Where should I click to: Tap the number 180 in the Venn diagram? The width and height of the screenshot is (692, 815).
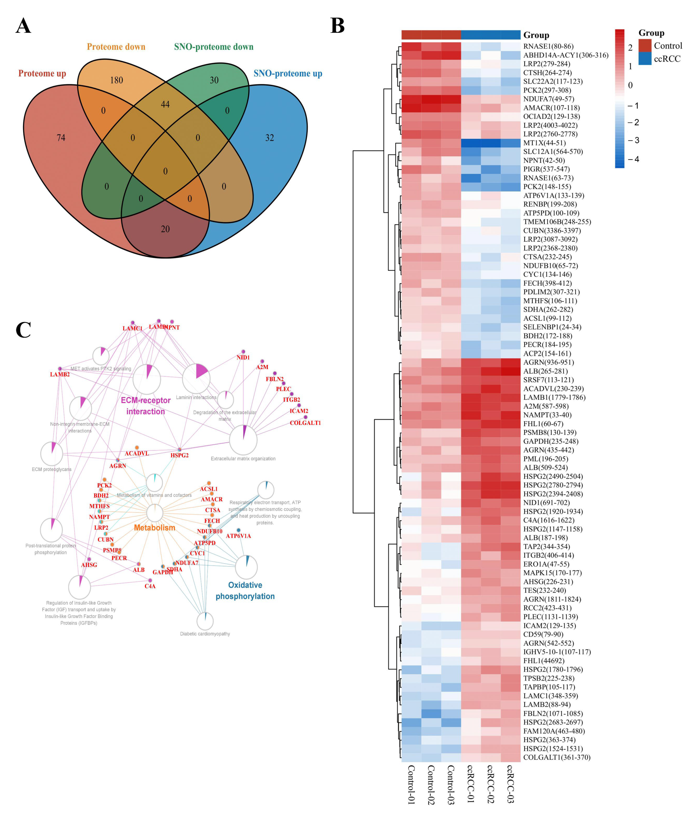tap(116, 80)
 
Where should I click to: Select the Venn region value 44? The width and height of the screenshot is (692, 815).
tap(165, 104)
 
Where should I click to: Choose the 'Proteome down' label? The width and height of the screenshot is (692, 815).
tap(116, 47)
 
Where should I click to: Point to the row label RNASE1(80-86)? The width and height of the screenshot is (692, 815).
tap(548, 46)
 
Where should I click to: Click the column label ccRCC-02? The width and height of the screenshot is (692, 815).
tap(490, 784)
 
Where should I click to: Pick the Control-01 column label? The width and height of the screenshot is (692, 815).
tap(411, 784)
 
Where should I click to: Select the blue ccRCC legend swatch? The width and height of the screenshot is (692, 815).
tap(645, 59)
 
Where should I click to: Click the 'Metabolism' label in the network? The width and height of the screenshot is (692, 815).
tap(154, 528)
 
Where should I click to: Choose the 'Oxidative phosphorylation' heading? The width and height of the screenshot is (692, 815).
tap(245, 590)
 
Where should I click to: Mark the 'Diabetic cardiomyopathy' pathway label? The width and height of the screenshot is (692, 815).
tap(205, 634)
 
